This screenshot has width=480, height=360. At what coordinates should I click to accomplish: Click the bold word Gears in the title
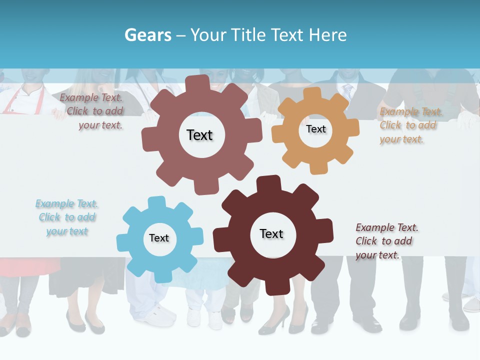[147, 35]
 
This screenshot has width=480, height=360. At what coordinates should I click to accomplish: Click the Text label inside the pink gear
[199, 135]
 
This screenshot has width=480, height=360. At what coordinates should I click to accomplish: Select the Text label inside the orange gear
[315, 129]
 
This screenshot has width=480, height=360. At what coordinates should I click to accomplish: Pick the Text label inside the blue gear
[159, 238]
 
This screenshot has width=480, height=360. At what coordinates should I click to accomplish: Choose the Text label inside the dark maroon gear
[271, 233]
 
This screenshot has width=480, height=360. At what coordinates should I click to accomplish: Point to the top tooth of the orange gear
[312, 93]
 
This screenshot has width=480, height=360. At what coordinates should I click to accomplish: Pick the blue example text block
[66, 217]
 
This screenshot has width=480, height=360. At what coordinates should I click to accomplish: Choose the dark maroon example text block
[386, 241]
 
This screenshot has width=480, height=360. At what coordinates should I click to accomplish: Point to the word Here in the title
[327, 35]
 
